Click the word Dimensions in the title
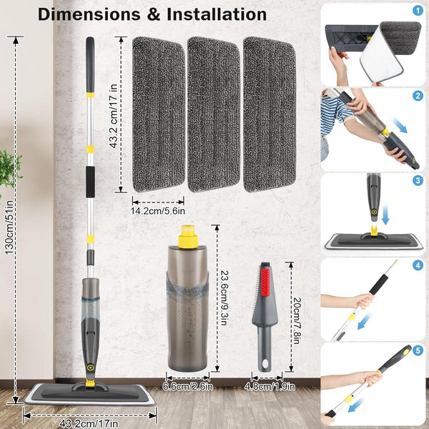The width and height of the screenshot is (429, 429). (x=89, y=14)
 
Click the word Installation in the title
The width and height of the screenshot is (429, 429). (x=217, y=14)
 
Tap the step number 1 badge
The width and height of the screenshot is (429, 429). (x=418, y=11)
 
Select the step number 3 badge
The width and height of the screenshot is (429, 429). (x=418, y=181)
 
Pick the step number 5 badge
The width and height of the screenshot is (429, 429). (x=418, y=350)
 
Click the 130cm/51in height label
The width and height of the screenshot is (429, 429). (x=9, y=227)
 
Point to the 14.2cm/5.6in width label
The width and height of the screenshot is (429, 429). (x=158, y=211)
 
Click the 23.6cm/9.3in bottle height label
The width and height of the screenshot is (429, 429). (x=224, y=297)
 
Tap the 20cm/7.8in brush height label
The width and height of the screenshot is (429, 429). (x=296, y=320)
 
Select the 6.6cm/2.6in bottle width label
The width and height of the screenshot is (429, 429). (x=187, y=387)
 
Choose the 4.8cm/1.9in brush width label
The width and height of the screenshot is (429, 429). (x=270, y=387)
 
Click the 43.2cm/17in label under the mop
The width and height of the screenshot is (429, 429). (x=89, y=424)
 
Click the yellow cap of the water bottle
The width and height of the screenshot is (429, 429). (x=188, y=237)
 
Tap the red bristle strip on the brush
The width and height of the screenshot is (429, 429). (x=265, y=282)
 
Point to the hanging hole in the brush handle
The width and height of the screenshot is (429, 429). (x=265, y=364)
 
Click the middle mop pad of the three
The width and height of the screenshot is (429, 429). (x=214, y=114)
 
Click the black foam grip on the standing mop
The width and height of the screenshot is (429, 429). (x=90, y=182)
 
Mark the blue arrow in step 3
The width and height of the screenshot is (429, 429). (x=385, y=213)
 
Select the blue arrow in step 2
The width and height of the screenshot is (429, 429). (x=400, y=125)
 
